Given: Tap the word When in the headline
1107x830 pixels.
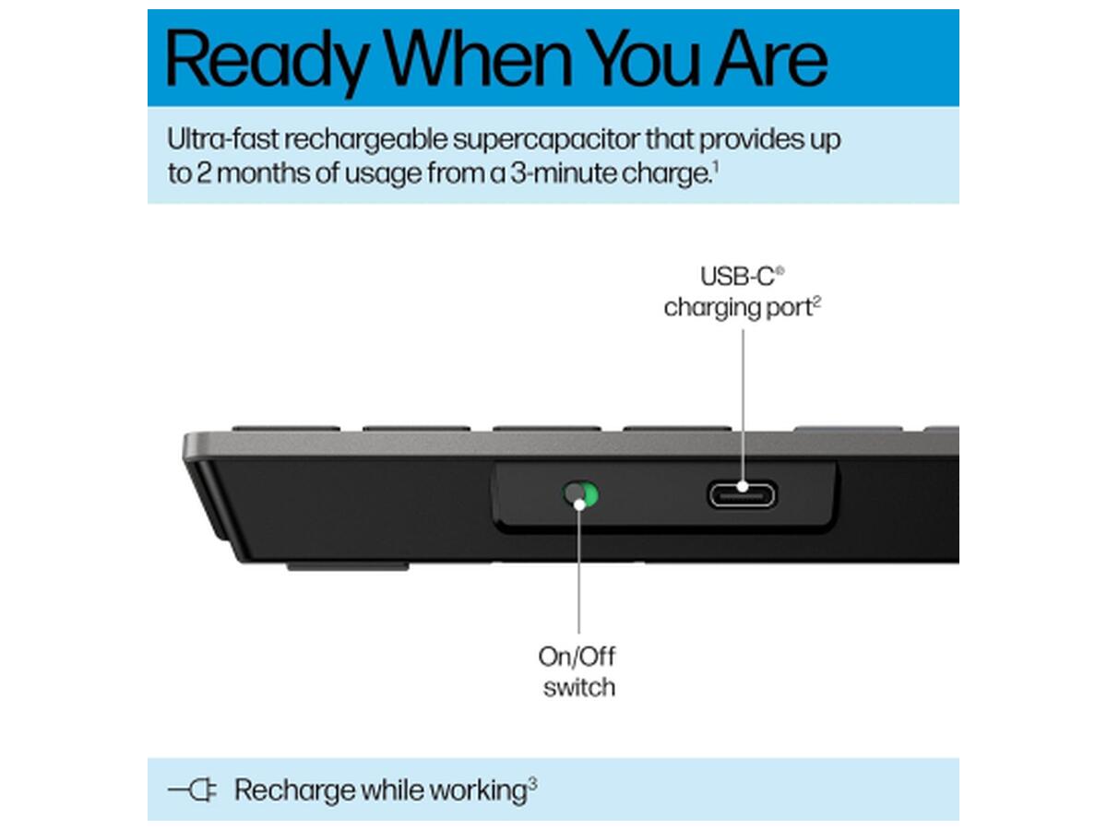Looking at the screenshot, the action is point(478,57).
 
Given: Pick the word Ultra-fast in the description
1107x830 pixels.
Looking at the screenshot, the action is point(223,138).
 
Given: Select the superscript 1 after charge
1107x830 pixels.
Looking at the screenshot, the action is point(716,166).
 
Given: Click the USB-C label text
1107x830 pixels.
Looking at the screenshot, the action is point(737,277).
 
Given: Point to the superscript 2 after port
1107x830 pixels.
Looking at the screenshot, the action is point(817,301).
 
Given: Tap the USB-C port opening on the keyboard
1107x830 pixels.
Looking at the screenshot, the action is point(742,495).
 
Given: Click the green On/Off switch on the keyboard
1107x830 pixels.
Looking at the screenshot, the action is point(580,495).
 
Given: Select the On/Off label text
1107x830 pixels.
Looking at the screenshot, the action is point(577,657).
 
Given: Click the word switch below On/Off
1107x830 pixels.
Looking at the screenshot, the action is point(579,687).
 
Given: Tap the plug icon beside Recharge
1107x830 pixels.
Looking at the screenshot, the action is point(192,789).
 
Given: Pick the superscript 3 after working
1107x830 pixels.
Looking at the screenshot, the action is point(533,784).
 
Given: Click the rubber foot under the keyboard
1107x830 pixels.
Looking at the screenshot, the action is point(348,567).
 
